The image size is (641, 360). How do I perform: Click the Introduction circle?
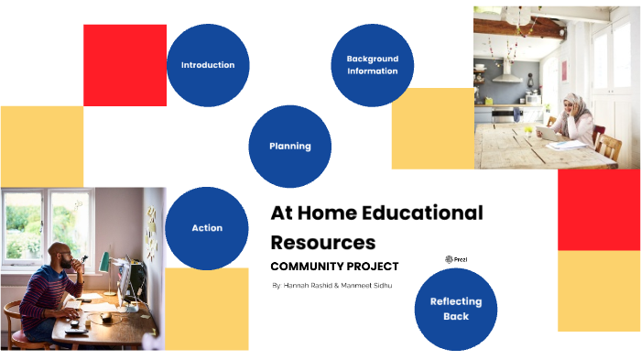coord(208,65)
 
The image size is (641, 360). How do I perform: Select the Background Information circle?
coord(372,65)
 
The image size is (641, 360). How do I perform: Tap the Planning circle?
coord(289,146)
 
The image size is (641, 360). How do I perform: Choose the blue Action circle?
coord(207,227)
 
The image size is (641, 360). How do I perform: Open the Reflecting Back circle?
coord(455,309)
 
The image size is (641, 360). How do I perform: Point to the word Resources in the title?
coord(322,243)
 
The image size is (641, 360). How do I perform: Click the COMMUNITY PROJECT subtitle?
coord(334,267)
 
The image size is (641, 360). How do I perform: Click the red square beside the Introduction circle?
coord(125,65)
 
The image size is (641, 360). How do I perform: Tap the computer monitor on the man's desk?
coord(125,279)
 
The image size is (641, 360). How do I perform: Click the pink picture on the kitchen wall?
coord(563,71)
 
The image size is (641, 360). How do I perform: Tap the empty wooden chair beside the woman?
coord(608,147)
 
